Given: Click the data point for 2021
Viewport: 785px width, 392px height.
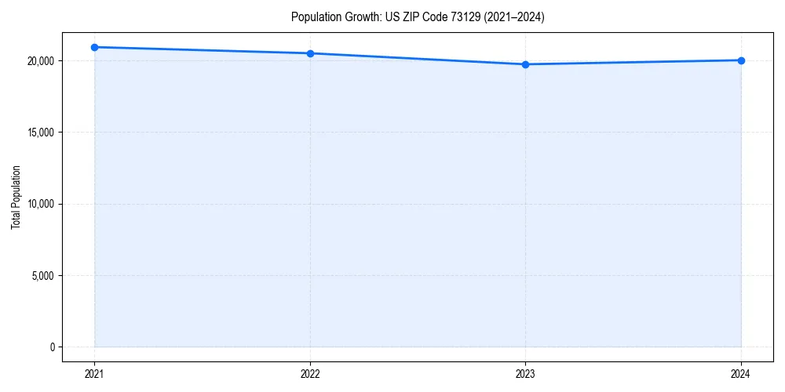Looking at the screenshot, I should [x=94, y=47].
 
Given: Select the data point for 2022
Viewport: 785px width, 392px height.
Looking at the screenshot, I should [x=310, y=53].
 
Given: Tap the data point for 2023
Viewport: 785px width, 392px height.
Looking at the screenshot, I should [x=525, y=64].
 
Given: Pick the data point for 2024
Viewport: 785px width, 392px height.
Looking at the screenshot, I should [x=741, y=60].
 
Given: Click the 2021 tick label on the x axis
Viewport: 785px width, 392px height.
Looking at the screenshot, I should [x=94, y=373].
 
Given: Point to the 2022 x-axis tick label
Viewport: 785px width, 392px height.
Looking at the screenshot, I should [x=310, y=373].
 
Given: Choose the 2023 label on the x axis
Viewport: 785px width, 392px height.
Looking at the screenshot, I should [x=525, y=373].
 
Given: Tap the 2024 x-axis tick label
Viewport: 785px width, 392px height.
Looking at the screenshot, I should [x=741, y=373].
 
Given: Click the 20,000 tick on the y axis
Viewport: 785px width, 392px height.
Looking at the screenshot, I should [x=39, y=61].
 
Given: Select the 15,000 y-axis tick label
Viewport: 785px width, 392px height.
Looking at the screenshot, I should [x=39, y=132].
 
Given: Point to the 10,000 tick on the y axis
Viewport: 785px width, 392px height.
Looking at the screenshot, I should [x=39, y=204].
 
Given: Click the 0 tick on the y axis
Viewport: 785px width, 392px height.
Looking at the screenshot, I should [x=52, y=347].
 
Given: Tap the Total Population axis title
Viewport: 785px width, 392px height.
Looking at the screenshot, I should [x=16, y=197].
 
